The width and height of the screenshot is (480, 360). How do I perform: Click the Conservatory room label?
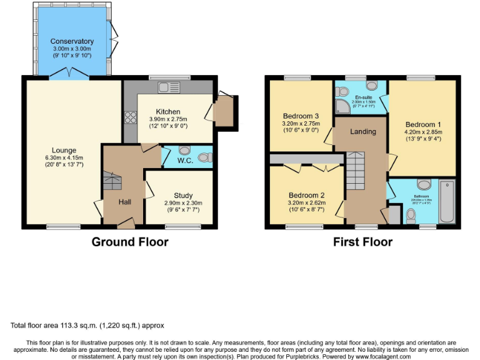pos(72,41)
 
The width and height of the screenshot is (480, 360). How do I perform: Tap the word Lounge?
pos(64,150)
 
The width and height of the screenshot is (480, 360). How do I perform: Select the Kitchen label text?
pos(168,112)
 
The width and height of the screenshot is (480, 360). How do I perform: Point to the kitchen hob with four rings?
pos(131,117)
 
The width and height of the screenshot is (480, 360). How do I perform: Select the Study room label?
pos(183,196)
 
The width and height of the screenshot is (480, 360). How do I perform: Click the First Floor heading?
pos(362,242)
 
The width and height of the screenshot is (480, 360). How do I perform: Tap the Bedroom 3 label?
pos(301,116)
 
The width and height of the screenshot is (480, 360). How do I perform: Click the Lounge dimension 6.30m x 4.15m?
pos(64,157)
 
